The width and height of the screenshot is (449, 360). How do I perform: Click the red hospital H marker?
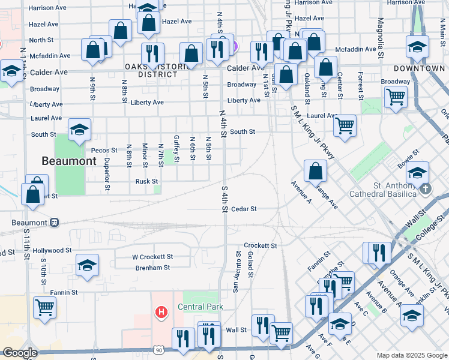click(x=161, y=312)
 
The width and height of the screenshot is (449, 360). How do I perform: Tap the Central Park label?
click(x=200, y=307)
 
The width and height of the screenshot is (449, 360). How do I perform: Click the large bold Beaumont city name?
click(x=68, y=161)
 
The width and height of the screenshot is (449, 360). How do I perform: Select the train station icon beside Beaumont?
click(x=54, y=222)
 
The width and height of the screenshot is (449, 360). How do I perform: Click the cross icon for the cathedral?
click(x=426, y=189)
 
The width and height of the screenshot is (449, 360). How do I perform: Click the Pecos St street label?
click(x=103, y=150)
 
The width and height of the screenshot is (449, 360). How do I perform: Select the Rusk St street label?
click(x=146, y=181)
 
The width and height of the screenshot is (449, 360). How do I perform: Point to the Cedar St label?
click(x=244, y=209)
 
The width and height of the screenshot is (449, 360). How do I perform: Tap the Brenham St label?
click(x=152, y=268)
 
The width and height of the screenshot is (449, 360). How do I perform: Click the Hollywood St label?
click(x=52, y=250)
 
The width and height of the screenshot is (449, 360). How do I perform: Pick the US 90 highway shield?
click(x=158, y=350)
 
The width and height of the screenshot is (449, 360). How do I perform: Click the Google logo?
click(x=20, y=353)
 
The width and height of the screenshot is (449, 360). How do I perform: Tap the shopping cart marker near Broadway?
click(x=396, y=96)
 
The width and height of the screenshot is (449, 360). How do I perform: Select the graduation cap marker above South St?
click(x=79, y=130)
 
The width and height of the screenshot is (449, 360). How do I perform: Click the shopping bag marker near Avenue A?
click(x=315, y=172)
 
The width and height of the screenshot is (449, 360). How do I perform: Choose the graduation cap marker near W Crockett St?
click(x=87, y=265)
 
